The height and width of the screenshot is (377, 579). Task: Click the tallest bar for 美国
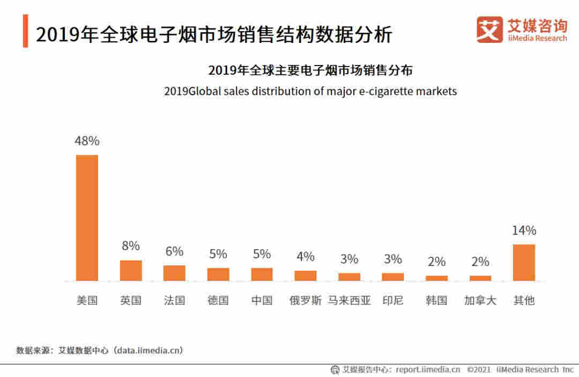coord(87,218)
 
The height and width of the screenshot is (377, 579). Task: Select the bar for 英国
coord(131,270)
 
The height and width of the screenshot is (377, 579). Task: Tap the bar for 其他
coord(524,262)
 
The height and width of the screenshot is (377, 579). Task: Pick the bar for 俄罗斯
coord(306,275)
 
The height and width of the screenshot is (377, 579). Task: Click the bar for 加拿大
coord(480,278)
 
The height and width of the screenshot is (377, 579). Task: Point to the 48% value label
coord(87,141)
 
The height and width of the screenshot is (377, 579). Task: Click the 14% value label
coord(524,231)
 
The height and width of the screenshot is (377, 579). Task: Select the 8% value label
coord(131,246)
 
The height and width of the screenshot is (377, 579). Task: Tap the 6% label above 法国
coord(174,251)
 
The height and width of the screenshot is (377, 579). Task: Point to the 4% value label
coord(306,257)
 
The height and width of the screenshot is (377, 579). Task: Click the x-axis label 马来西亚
coord(349,300)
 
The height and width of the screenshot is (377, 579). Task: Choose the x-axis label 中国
coord(262,300)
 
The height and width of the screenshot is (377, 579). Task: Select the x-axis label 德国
coord(218,300)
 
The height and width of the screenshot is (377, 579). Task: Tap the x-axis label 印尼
coord(393,300)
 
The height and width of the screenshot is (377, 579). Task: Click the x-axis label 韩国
coord(436,300)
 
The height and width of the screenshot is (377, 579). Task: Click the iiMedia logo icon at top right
coord(489,30)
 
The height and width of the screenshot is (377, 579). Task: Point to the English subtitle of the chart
coord(310,91)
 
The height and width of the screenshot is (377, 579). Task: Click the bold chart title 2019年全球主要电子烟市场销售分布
coord(310,70)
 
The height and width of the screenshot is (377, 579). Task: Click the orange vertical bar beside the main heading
coord(25,32)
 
